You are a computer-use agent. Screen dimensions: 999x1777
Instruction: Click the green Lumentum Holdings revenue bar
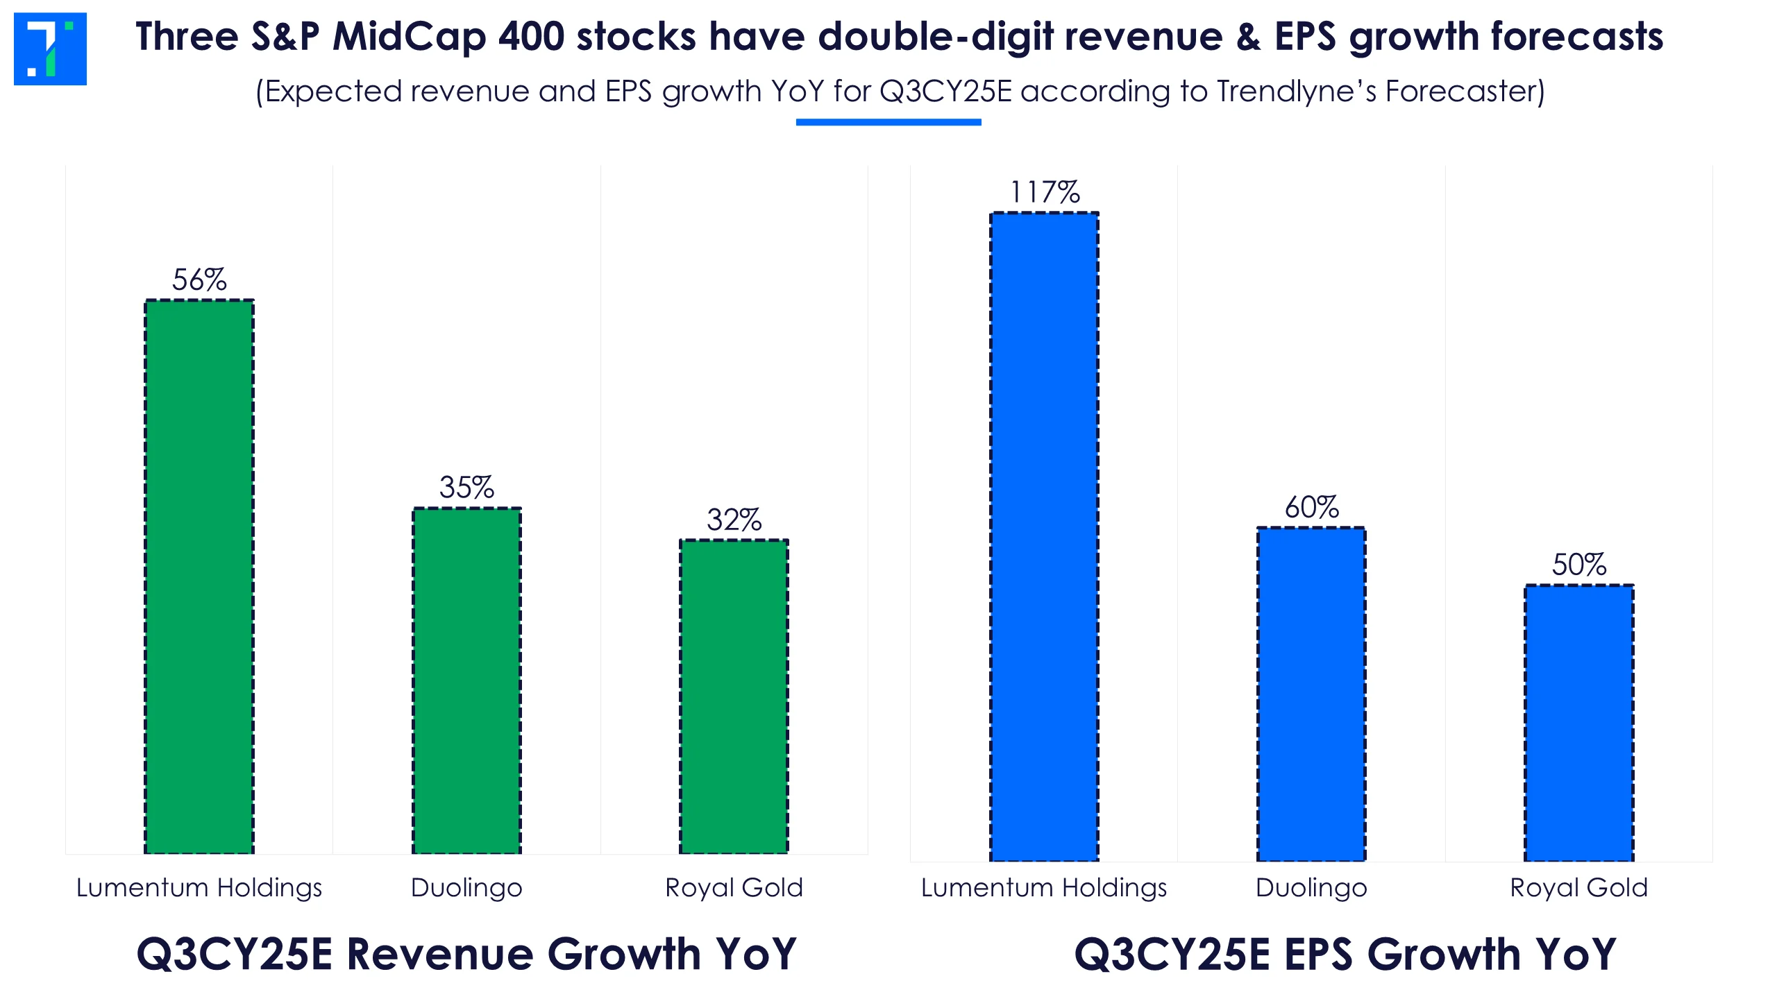(199, 576)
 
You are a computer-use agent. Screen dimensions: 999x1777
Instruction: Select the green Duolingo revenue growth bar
(466, 680)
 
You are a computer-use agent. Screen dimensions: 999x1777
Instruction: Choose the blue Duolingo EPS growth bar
(1311, 694)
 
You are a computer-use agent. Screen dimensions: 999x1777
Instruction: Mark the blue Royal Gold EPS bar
(1578, 723)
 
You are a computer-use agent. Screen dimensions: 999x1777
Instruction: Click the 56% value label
(199, 280)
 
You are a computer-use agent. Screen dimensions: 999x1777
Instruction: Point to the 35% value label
(466, 488)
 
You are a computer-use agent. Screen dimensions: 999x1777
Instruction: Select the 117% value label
(1045, 192)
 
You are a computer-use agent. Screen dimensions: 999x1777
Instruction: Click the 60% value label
(1311, 507)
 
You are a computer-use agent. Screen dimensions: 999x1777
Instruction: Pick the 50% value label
(1579, 565)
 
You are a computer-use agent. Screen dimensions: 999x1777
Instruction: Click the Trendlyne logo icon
(50, 49)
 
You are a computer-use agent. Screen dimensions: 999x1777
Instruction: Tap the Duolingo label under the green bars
(466, 888)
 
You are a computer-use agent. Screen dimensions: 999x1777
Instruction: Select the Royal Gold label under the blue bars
(1578, 888)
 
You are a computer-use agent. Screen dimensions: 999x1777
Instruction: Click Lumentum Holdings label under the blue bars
(1044, 888)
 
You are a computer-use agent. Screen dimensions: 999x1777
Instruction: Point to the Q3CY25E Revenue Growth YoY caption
(466, 954)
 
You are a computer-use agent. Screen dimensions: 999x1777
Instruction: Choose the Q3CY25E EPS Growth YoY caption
(1345, 954)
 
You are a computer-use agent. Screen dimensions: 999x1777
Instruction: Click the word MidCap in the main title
(409, 37)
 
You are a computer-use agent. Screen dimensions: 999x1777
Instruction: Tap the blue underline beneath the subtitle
(888, 122)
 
